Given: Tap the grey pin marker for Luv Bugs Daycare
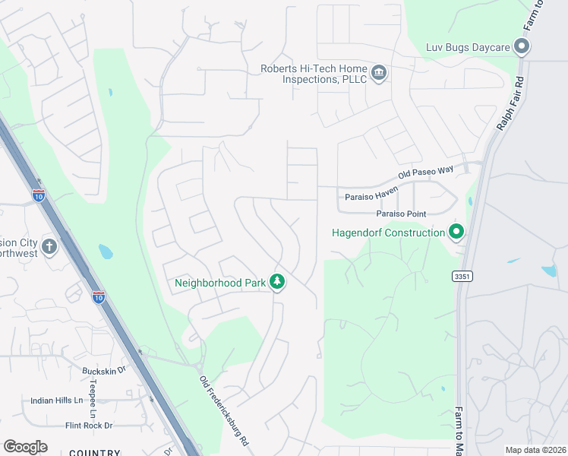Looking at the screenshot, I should click(521, 47).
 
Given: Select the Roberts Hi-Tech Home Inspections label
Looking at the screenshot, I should click(314, 74).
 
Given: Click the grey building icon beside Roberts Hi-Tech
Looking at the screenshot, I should click(379, 74).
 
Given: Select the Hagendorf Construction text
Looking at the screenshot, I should click(388, 233).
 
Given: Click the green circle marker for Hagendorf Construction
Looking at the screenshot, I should click(456, 231).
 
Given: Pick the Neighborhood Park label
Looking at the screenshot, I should click(220, 283).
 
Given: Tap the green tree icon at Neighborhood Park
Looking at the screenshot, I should click(278, 282).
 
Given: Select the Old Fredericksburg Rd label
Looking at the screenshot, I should click(224, 410).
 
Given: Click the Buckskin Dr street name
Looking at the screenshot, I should click(103, 371).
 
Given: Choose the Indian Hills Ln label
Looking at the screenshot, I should click(56, 401).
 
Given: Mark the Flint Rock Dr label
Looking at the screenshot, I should click(89, 426).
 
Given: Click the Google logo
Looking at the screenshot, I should click(25, 447).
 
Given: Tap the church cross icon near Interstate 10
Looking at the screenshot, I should click(49, 246).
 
